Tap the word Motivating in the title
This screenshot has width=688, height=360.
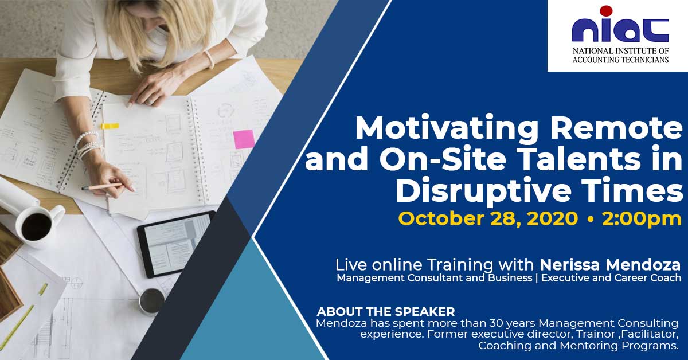point(447,128)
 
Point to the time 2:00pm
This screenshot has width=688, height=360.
point(642,219)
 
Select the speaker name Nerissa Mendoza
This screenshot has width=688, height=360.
point(610,265)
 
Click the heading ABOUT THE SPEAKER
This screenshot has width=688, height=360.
point(386,312)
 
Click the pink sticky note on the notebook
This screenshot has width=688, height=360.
point(244,139)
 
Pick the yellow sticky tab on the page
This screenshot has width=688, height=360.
point(110,126)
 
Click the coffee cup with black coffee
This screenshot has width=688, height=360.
point(38,225)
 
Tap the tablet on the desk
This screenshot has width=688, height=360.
point(176,244)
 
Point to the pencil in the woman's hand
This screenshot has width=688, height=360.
point(103,186)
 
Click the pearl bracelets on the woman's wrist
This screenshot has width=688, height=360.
point(88,144)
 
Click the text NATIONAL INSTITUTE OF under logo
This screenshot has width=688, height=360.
point(621,51)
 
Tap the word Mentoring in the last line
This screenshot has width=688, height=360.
point(589,346)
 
